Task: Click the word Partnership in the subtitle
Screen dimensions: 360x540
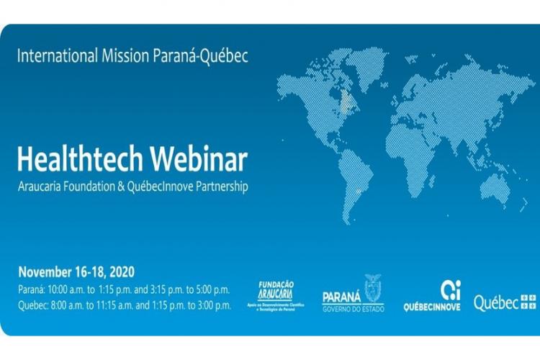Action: pyautogui.click(x=220, y=186)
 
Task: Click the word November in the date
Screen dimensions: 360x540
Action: pyautogui.click(x=45, y=272)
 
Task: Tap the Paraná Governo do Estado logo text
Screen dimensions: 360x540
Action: pyautogui.click(x=343, y=300)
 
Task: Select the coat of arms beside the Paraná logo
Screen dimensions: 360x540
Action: pyautogui.click(x=373, y=287)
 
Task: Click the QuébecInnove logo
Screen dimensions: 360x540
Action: pyautogui.click(x=432, y=296)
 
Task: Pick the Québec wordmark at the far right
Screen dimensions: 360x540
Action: pyautogui.click(x=495, y=303)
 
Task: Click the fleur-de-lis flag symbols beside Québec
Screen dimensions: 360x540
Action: pyautogui.click(x=528, y=302)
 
